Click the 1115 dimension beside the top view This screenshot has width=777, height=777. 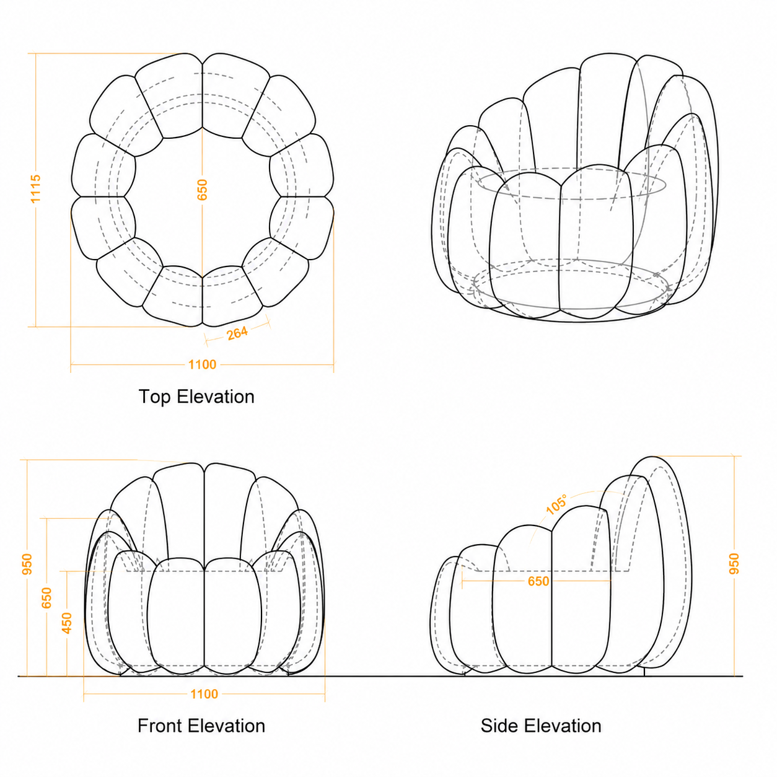coord(35,188)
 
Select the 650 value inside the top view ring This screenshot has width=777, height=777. coord(202,190)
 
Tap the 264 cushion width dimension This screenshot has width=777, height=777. coord(237,333)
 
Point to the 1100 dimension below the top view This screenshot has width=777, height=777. coord(203,364)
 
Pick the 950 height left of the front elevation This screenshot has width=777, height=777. coord(27,564)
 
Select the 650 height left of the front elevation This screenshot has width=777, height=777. coord(46,598)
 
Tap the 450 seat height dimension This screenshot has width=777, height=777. coord(67,623)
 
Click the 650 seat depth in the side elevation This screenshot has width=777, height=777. coord(538,581)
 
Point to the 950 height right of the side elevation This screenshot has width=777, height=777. coord(734,564)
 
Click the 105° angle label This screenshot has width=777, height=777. coord(557,504)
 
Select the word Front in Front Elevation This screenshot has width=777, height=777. coord(160,726)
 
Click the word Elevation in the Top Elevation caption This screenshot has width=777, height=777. coord(216,397)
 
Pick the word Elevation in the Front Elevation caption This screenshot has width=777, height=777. coord(227,726)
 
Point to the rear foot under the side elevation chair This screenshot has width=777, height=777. coord(644,672)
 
